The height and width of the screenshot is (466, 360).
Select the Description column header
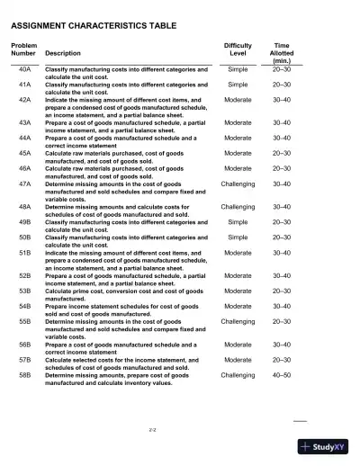tap(62, 53)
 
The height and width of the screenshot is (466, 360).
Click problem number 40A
tap(25, 69)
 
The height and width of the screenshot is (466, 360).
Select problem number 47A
tap(25, 184)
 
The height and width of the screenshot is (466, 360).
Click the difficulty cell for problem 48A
tap(238, 207)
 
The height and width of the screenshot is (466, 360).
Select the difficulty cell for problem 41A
tap(238, 84)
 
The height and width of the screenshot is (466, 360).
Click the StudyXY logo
tap(326, 446)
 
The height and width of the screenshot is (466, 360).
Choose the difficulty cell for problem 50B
tap(238, 236)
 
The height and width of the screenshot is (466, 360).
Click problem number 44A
tap(25, 139)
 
